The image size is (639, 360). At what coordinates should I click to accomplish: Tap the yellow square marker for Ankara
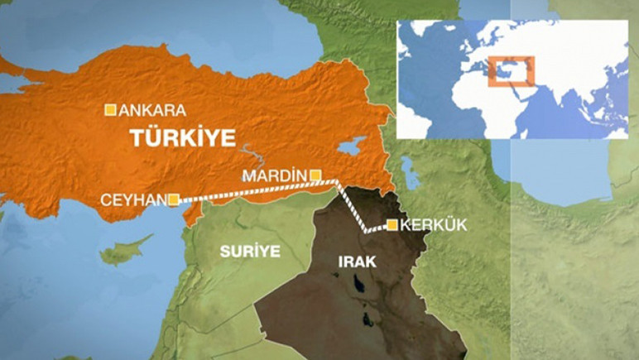point(109,109)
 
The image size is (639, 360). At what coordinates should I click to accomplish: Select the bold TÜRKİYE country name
point(182,137)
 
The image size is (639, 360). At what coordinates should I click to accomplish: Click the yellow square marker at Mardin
point(315,175)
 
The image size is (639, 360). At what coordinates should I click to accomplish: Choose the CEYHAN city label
point(133,199)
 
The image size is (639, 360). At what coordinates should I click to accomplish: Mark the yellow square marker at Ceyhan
point(173,199)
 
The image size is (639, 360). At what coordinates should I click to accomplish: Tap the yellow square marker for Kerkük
point(392,224)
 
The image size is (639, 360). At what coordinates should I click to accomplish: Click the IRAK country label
point(358,262)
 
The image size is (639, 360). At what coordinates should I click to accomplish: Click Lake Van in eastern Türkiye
point(350,146)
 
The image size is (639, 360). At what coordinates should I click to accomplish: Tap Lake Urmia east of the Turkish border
point(408,175)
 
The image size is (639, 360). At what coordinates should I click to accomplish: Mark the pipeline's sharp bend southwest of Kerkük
point(367,231)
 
